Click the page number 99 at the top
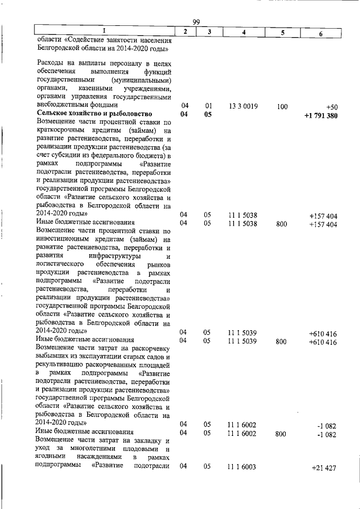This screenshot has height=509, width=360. (196, 22)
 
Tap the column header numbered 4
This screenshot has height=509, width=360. (243, 33)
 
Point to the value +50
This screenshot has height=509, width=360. (331, 106)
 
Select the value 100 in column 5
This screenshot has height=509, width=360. (282, 106)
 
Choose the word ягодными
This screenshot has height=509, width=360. (49, 457)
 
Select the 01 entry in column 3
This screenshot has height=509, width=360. (208, 106)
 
